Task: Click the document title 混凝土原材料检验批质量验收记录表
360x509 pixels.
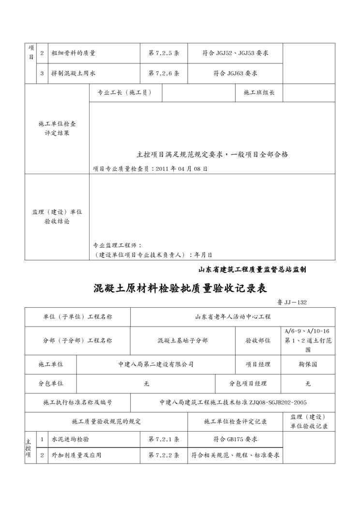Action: point(180,289)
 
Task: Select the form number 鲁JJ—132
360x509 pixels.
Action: point(292,302)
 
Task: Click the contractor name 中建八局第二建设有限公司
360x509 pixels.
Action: point(156,364)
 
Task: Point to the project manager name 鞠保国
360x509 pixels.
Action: point(308,364)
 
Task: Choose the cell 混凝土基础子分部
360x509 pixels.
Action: point(182,340)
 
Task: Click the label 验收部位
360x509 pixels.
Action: point(258,340)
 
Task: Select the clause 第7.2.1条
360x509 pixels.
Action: point(164,439)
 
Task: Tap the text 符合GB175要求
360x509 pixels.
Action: point(235,439)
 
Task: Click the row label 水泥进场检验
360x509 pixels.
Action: point(70,439)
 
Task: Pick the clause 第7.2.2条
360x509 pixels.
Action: point(164,455)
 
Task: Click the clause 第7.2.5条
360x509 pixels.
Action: point(164,53)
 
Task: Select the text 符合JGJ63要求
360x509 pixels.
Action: point(235,74)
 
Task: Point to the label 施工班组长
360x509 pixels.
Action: point(259,92)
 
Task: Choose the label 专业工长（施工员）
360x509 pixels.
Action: point(125,92)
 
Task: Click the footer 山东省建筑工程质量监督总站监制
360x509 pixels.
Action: point(252,269)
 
